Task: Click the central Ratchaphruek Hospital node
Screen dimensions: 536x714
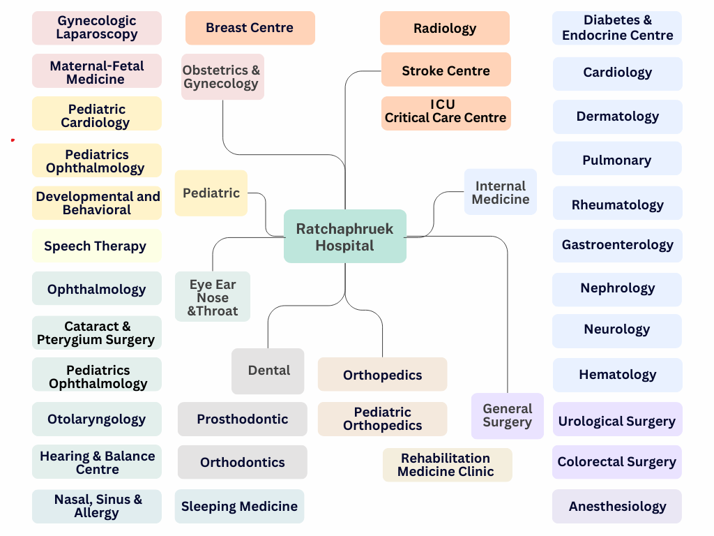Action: (x=344, y=237)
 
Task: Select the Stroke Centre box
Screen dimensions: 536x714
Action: (x=446, y=70)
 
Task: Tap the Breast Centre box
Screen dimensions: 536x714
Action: (x=250, y=28)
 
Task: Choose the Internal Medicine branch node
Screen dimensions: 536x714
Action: (x=500, y=192)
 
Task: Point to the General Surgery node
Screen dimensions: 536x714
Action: (x=507, y=415)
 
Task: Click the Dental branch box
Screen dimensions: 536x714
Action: (x=268, y=371)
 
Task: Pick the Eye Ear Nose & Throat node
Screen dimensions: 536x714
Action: (x=213, y=297)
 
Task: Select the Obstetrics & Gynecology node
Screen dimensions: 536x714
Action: (x=222, y=77)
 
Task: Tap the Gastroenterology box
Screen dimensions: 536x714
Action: (x=617, y=245)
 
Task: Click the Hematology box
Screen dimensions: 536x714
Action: (x=617, y=375)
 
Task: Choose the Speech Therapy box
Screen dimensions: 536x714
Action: (x=96, y=246)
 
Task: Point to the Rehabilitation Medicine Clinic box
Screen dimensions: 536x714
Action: (x=446, y=465)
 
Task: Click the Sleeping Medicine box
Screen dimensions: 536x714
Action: (x=239, y=507)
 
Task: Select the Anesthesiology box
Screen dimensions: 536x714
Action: (x=617, y=507)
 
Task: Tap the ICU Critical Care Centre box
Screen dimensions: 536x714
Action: (x=446, y=112)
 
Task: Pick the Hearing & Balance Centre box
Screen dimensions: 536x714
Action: (x=97, y=462)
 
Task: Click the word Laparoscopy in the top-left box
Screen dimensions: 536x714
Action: (x=97, y=34)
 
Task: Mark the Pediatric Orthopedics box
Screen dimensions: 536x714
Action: (x=382, y=419)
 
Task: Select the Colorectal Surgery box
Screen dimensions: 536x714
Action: (x=617, y=462)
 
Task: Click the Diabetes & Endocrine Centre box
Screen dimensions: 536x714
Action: (x=617, y=28)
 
